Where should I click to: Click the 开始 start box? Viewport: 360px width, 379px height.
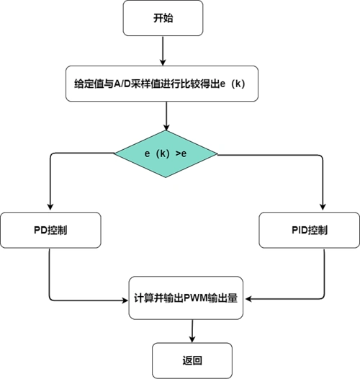[x=163, y=18]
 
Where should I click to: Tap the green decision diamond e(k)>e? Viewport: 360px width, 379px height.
[x=167, y=154]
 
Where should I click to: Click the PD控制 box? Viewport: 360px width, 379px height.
[x=50, y=230]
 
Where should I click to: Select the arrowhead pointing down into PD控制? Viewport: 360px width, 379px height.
[x=50, y=207]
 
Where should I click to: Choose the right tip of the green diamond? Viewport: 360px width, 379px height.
[x=218, y=154]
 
